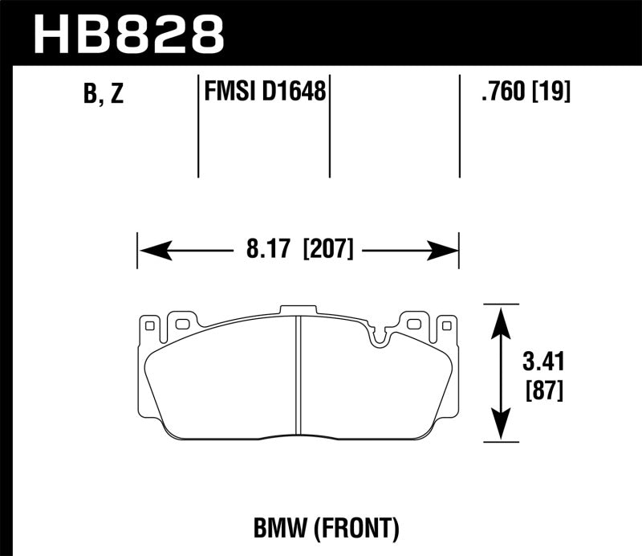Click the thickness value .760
click(x=500, y=93)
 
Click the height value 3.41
click(x=543, y=361)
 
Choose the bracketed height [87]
click(x=543, y=390)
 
